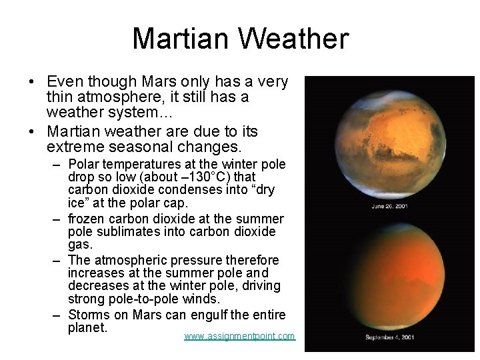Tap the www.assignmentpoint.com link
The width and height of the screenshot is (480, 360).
[x=239, y=336]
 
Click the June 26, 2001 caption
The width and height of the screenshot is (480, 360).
[x=391, y=206]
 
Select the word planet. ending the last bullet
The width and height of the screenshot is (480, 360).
[x=87, y=327]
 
